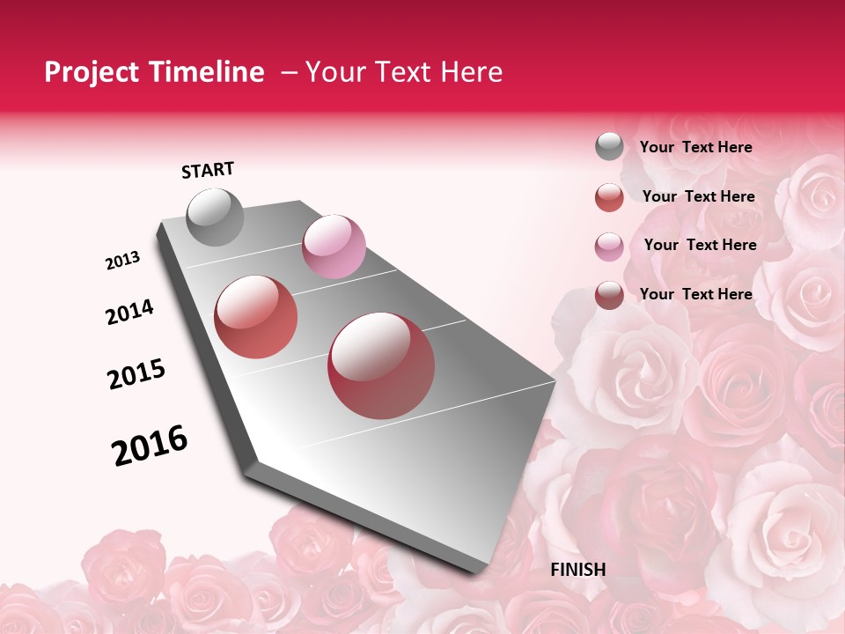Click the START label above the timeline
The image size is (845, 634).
pos(208,170)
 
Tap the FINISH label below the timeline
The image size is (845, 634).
pos(577,570)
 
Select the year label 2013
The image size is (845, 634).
pos(123,261)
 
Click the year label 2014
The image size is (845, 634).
pos(129,313)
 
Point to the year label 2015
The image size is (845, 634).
pos(136,374)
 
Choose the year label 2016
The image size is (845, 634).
pos(150,446)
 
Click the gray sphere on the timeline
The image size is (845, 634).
pos(216,217)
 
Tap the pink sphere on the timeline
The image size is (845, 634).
pos(334,247)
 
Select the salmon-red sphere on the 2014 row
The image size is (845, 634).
pos(255,317)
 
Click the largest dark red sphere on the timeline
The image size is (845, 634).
pos(381,365)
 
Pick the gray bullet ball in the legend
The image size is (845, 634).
pos(609,147)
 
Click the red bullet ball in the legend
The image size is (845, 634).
pos(609,197)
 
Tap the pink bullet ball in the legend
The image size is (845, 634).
pos(609,247)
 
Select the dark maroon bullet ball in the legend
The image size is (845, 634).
pos(609,295)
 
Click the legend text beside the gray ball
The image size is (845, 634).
pos(695,147)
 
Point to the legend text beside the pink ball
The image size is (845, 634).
pos(700,245)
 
